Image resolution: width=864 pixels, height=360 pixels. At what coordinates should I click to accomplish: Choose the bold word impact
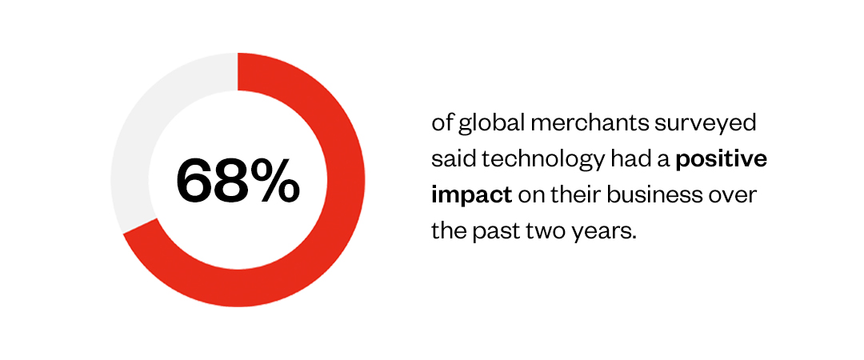(x=472, y=197)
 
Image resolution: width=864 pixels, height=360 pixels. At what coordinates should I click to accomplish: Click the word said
(x=455, y=160)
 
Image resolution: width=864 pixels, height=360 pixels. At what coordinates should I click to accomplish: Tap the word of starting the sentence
(x=442, y=123)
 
